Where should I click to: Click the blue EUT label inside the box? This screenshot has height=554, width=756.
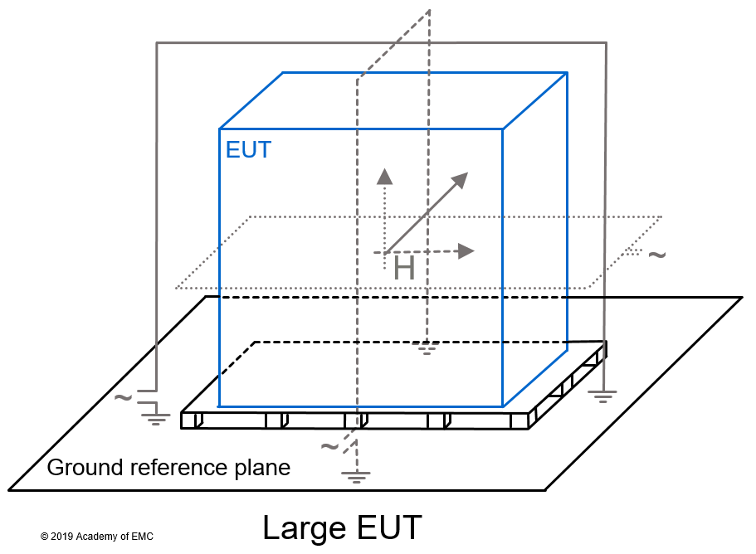pyautogui.click(x=248, y=150)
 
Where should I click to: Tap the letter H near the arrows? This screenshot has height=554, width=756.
pyautogui.click(x=404, y=268)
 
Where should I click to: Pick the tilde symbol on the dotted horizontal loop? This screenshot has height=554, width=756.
pyautogui.click(x=656, y=254)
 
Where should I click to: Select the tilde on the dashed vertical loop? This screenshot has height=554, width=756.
pyautogui.click(x=329, y=446)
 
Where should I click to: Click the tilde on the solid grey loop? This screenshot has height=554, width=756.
pyautogui.click(x=122, y=397)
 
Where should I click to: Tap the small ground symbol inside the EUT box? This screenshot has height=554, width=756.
pyautogui.click(x=427, y=348)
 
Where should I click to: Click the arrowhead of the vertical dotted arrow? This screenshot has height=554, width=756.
pyautogui.click(x=383, y=175)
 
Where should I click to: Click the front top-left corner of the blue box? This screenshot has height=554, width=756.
pyautogui.click(x=220, y=129)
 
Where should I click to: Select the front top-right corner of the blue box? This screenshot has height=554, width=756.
pyautogui.click(x=503, y=129)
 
